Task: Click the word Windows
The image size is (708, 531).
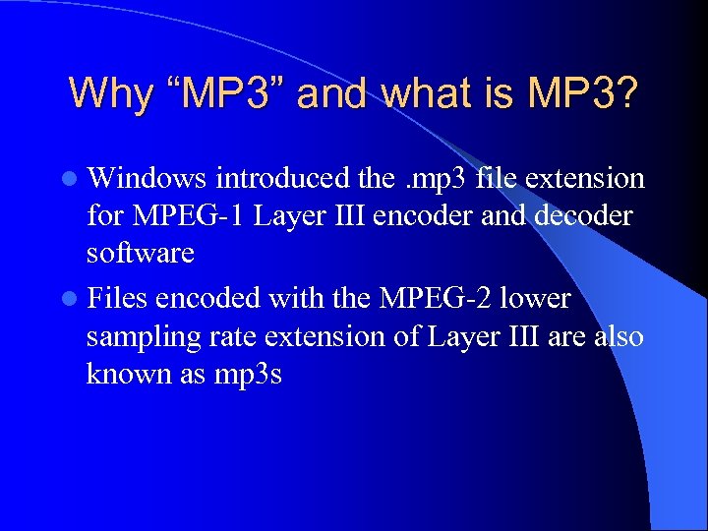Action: coord(147,178)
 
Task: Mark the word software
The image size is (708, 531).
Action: coord(140,254)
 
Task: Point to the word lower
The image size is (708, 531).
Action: coord(535,297)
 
